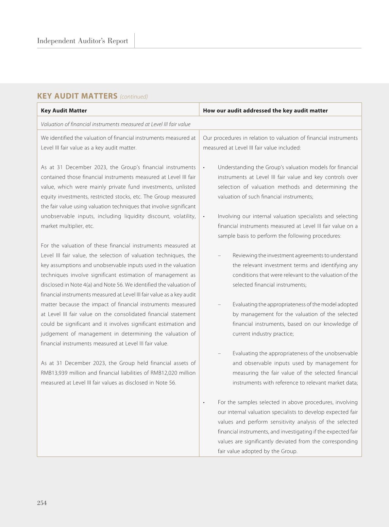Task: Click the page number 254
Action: (x=42, y=503)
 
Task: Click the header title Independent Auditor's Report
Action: (x=82, y=41)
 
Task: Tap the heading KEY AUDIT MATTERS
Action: (x=77, y=96)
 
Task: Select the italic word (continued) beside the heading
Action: (x=134, y=97)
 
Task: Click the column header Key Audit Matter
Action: (x=64, y=111)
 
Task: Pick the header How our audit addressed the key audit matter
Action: (x=265, y=111)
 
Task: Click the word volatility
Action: (x=184, y=216)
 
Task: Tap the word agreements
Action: (x=309, y=256)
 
